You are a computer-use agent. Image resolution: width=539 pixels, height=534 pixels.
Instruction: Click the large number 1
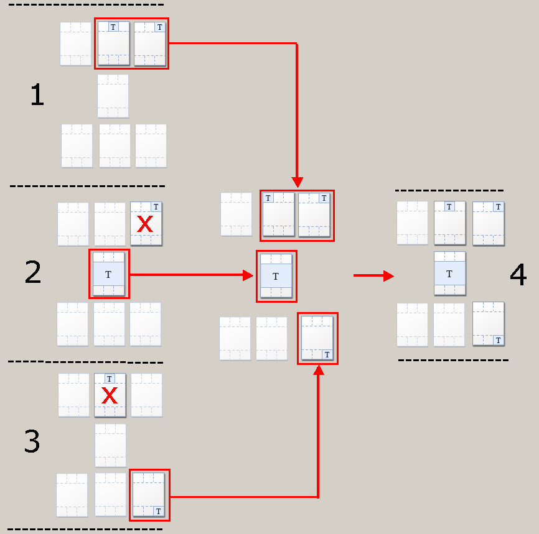point(37,94)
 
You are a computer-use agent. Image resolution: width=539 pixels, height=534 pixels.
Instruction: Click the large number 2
point(33,272)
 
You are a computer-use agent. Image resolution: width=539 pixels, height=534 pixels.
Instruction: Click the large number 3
point(32,441)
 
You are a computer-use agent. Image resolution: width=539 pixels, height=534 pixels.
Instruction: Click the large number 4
point(518,274)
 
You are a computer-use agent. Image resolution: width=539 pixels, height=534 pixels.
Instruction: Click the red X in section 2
point(145,224)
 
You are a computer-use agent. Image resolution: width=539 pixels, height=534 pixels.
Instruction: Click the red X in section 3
point(110,395)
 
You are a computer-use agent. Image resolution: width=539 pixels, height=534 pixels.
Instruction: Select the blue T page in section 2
point(109,274)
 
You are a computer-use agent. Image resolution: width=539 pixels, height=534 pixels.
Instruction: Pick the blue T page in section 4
point(449,274)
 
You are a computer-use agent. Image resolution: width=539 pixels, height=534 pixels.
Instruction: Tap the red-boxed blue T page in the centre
point(276,276)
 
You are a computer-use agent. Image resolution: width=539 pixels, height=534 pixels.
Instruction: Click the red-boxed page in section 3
point(149,494)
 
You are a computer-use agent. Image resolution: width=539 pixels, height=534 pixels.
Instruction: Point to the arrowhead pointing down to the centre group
point(297,182)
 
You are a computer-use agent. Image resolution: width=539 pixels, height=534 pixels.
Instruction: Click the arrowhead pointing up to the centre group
point(319,370)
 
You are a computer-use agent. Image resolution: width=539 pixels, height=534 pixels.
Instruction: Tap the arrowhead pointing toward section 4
point(389,275)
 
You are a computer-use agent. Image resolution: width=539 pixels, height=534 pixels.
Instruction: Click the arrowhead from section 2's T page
point(248,275)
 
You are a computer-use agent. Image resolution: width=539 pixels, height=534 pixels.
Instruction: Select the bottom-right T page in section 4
point(488,323)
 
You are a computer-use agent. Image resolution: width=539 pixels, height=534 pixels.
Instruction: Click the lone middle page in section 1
point(113,96)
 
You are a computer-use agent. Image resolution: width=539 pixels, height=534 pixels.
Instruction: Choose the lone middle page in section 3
point(110,445)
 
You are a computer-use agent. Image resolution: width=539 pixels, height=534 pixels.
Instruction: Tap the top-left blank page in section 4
point(412,223)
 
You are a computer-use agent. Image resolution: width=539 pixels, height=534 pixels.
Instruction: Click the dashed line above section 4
point(449,190)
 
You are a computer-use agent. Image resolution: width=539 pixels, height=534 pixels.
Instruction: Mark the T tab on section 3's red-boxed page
point(159,511)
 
